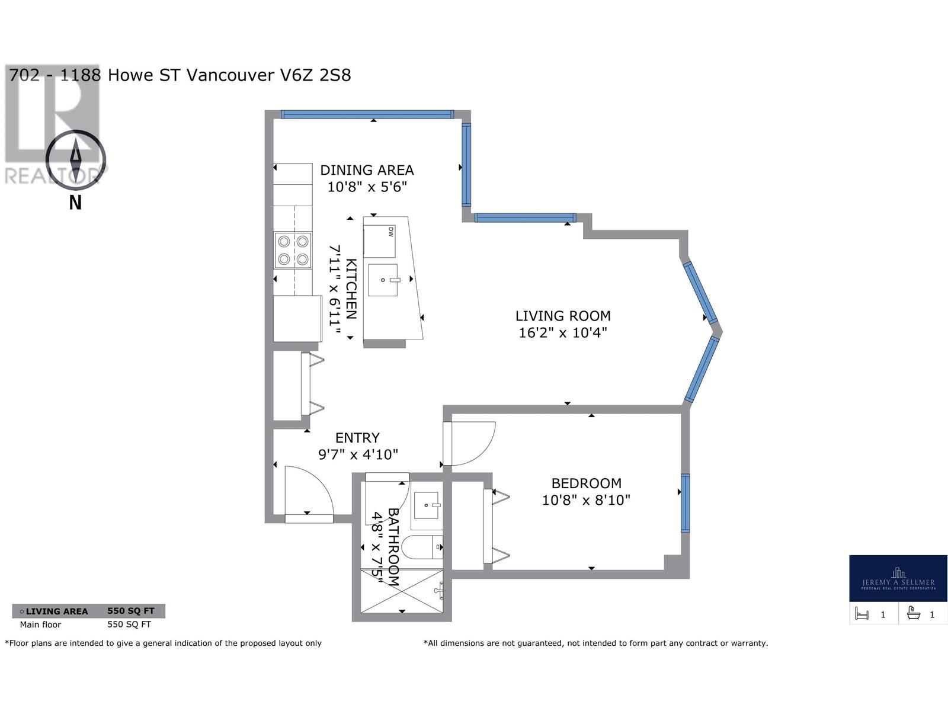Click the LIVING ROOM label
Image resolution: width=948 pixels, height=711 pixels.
coord(562,316)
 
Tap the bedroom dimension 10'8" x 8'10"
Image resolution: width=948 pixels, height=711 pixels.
coord(586,500)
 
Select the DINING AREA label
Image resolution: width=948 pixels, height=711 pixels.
coord(367,170)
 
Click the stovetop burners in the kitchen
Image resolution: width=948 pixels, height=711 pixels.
coord(293,250)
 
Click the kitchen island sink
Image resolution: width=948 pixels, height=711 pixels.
coord(383,280)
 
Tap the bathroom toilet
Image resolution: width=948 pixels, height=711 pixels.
coord(422,547)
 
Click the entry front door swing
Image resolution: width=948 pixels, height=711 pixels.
coord(308,492)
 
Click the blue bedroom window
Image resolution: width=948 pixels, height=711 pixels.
coord(685,503)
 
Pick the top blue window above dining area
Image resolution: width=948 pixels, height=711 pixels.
coord(367,114)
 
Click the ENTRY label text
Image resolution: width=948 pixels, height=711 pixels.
coord(357,438)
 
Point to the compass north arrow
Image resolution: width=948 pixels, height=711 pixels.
coord(76,159)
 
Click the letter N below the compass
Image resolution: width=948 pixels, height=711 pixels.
coord(75,203)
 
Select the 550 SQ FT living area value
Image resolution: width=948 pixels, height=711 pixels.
coord(130,611)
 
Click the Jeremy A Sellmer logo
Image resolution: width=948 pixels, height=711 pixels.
coord(898,578)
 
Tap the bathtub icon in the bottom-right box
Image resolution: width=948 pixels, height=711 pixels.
coord(913,614)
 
